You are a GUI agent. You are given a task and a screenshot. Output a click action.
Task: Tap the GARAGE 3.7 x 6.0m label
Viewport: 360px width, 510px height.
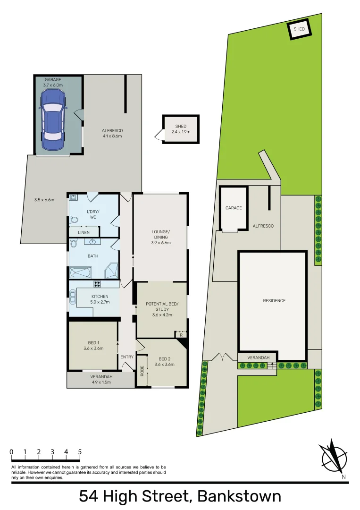(53, 83)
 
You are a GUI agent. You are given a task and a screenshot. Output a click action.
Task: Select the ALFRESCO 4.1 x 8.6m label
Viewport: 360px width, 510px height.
(112, 133)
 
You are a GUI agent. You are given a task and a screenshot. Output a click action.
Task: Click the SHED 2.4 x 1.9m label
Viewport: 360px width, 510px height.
(181, 129)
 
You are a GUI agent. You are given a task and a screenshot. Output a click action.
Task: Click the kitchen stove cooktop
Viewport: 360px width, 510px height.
(98, 284)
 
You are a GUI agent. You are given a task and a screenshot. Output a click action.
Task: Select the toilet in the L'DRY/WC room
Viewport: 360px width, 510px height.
(73, 220)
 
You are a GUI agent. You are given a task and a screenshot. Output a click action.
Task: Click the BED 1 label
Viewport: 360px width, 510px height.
(93, 345)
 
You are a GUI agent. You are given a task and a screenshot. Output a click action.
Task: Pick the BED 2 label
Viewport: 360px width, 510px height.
(166, 361)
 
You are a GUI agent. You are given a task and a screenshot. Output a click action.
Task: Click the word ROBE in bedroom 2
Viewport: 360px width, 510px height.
(142, 371)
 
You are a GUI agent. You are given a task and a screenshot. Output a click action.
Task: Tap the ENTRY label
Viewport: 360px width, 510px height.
(127, 357)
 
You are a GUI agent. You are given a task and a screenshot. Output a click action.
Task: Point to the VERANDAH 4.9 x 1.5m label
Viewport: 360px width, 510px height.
(101, 379)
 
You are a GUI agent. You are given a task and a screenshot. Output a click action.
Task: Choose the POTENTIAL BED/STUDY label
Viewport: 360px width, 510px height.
(161, 309)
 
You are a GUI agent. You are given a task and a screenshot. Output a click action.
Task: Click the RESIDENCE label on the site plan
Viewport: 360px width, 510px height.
(274, 301)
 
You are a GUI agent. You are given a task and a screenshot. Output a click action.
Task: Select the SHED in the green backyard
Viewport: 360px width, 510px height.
(300, 29)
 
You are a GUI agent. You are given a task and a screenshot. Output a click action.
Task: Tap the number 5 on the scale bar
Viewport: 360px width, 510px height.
(80, 452)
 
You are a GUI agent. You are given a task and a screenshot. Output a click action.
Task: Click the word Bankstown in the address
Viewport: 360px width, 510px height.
(239, 497)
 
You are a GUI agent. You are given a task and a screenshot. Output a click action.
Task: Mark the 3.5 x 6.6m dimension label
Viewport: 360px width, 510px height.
(44, 200)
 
